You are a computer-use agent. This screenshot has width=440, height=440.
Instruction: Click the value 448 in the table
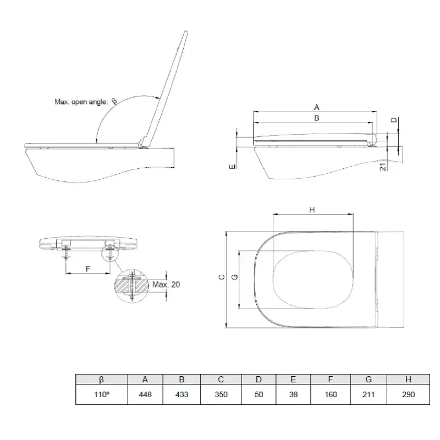click(145, 394)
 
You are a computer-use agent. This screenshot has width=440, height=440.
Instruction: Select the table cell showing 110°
click(101, 394)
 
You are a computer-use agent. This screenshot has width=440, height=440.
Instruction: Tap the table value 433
click(182, 394)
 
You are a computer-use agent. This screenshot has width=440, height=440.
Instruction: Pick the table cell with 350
click(220, 394)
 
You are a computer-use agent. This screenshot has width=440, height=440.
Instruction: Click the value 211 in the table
click(368, 394)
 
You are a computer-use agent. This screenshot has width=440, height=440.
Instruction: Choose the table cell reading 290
click(408, 394)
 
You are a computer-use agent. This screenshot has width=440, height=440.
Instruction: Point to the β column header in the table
click(101, 379)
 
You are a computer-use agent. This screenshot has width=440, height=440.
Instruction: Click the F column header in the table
click(330, 379)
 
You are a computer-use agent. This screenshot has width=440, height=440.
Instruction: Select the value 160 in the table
click(330, 394)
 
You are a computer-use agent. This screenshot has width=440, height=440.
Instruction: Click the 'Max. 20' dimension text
click(166, 284)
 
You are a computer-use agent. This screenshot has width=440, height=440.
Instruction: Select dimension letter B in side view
click(316, 118)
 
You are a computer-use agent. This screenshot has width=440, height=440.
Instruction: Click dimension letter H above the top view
click(312, 210)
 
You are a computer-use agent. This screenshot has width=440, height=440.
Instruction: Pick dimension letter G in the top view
click(235, 278)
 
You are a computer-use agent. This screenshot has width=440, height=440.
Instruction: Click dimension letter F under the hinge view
click(88, 269)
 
